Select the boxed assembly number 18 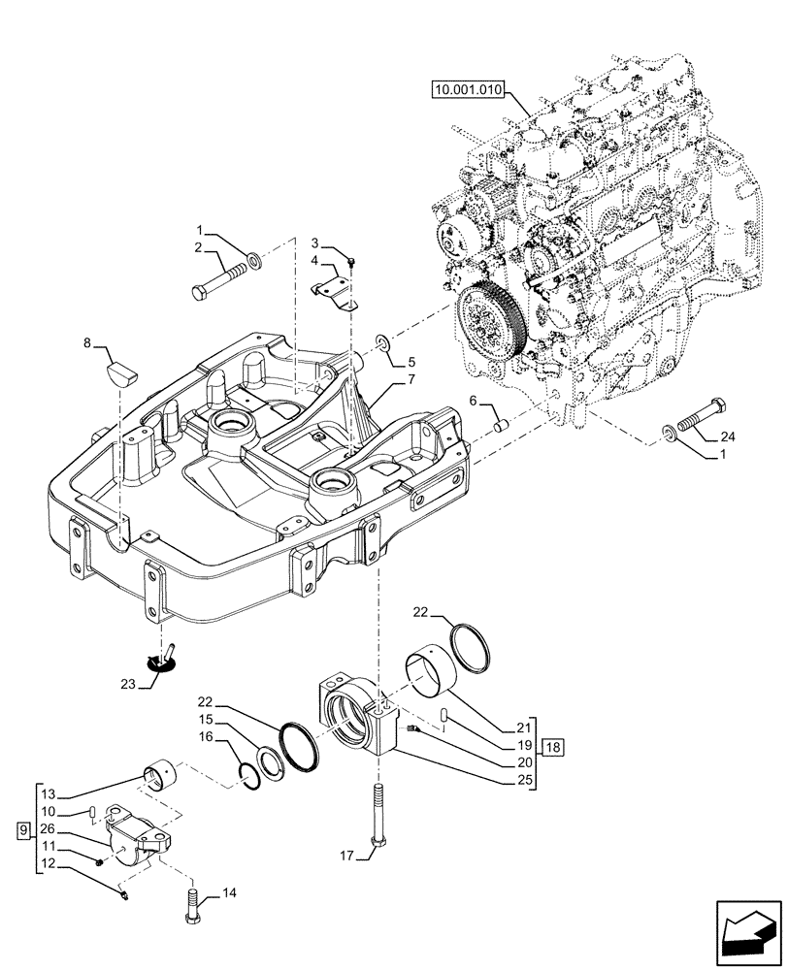click(553, 747)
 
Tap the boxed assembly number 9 click(22, 830)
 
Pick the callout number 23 click(126, 683)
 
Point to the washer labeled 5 click(383, 342)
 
